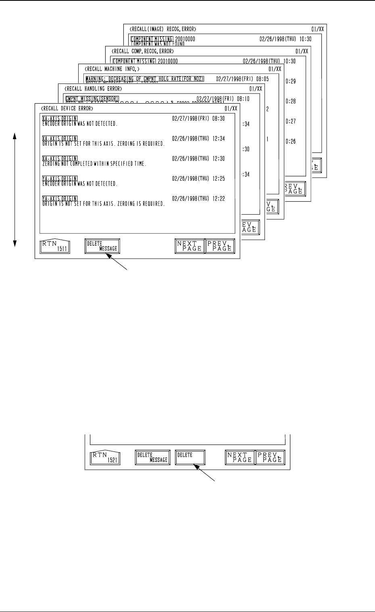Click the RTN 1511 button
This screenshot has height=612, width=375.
coord(55,246)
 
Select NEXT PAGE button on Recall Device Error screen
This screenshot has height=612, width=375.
coord(190,246)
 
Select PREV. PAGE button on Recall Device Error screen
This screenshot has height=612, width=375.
coord(220,246)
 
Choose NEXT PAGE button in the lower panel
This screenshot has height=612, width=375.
coord(240,457)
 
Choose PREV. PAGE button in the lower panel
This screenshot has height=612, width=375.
coord(271,457)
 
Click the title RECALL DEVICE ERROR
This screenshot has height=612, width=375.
coord(67,109)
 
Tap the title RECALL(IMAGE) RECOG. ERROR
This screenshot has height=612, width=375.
coord(163,29)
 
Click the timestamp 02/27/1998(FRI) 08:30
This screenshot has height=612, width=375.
coord(198,119)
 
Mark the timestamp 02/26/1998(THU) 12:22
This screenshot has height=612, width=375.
coord(198,199)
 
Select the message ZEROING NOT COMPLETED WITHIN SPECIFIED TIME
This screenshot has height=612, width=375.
coord(94,164)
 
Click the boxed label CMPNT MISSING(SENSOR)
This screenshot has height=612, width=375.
coord(92,98)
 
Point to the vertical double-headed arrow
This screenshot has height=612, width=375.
coord(15,190)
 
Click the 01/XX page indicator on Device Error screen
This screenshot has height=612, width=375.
coord(231,109)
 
